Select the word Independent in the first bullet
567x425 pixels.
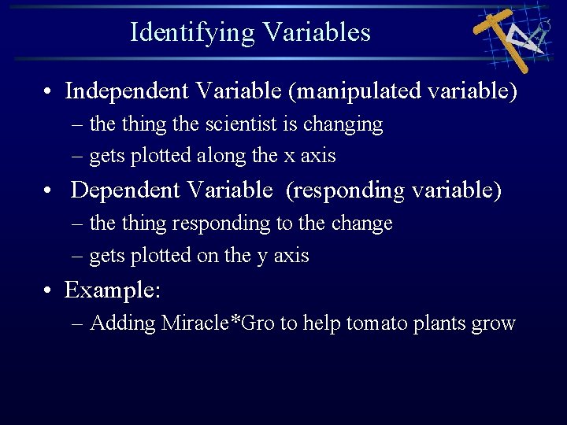[x=127, y=91]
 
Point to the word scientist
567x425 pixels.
[x=235, y=124]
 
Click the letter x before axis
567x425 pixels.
[x=288, y=157]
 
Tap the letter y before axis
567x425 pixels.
[x=261, y=256]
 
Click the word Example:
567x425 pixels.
[x=113, y=290]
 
